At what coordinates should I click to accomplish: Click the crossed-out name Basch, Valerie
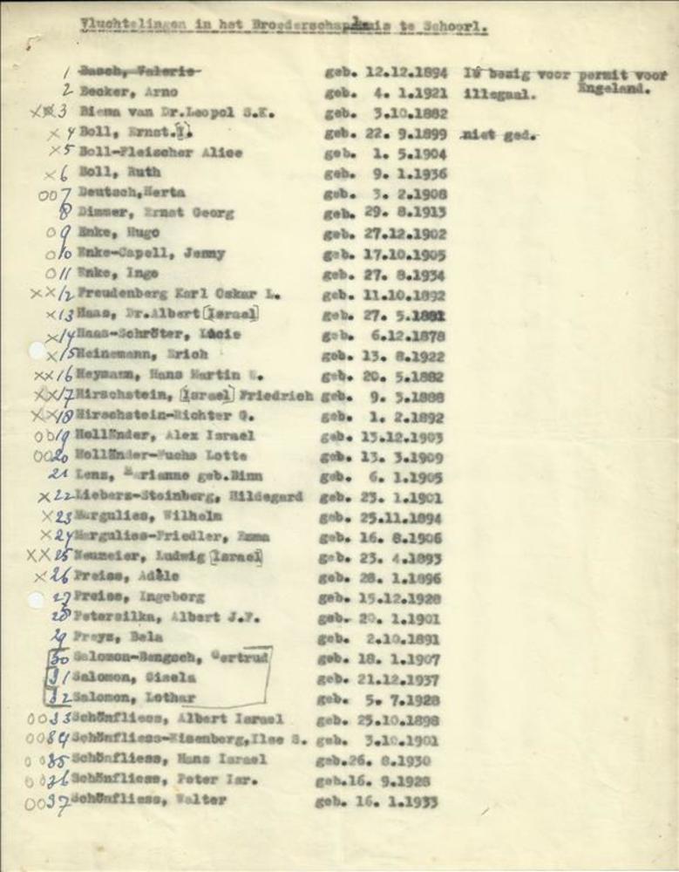point(140,70)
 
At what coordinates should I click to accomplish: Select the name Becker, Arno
point(128,91)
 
